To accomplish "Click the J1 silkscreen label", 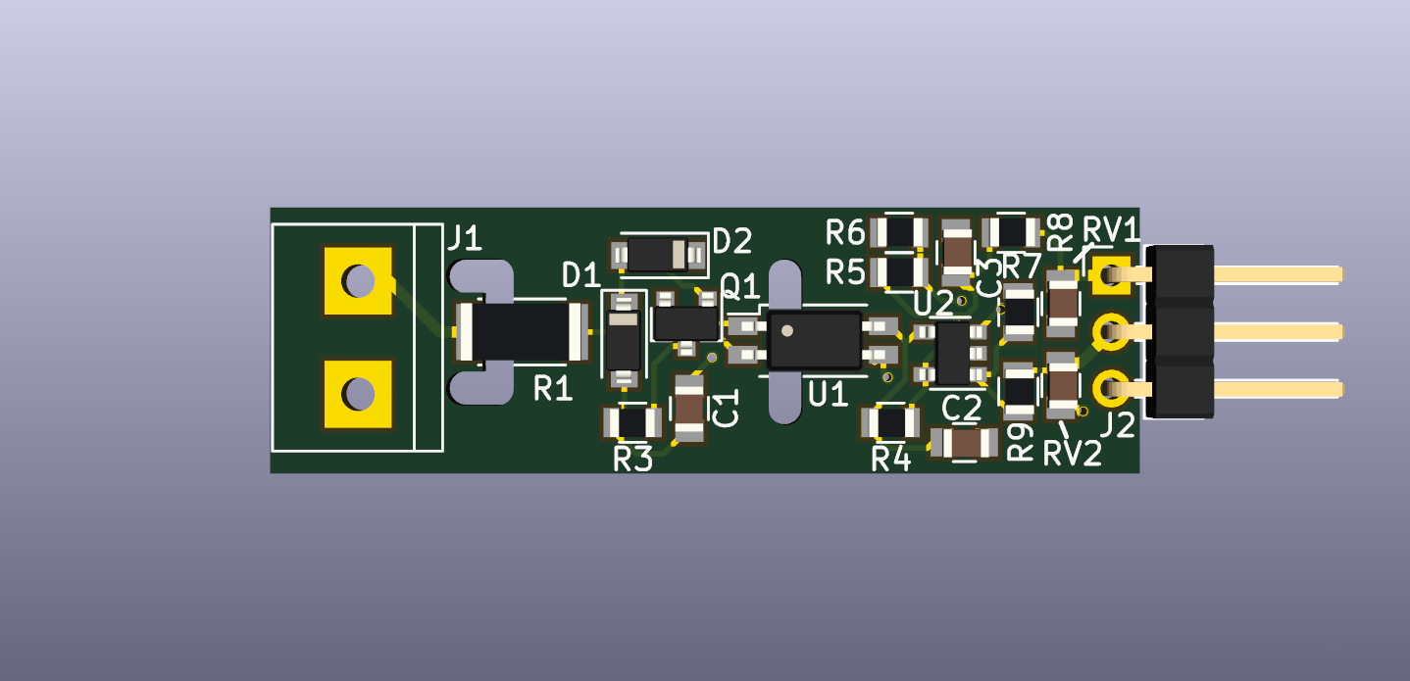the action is click(x=465, y=238).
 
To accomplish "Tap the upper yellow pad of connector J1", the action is click(x=358, y=281).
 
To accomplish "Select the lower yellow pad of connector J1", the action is click(x=358, y=394).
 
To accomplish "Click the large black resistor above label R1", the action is click(x=522, y=331).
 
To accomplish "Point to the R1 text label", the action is click(x=553, y=388).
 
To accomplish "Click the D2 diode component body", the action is click(x=658, y=255).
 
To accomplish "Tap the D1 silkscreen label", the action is click(x=581, y=275).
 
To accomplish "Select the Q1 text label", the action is click(x=740, y=287).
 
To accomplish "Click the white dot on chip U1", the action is click(x=786, y=331).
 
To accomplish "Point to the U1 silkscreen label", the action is click(x=828, y=395).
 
